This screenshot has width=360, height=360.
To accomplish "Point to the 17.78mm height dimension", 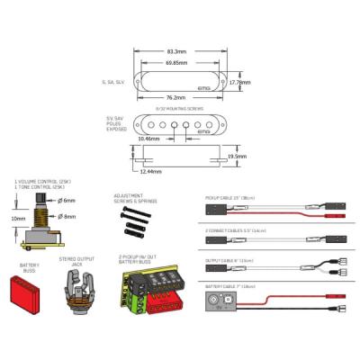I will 240,83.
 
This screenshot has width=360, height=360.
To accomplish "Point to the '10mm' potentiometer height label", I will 18,217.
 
